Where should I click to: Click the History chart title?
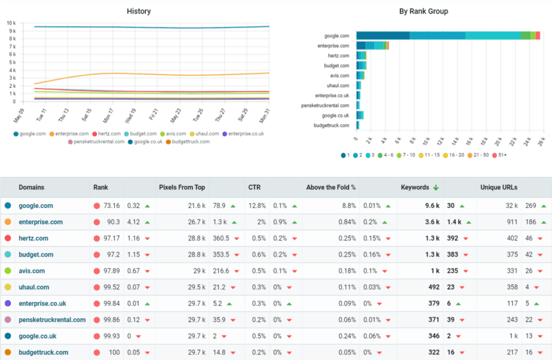[x=139, y=11]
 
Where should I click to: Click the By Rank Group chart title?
[x=424, y=11]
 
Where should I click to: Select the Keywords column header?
[x=415, y=187]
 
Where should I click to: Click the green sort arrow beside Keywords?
[x=436, y=187]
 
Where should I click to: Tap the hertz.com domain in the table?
[x=33, y=238]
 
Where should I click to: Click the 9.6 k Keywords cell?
[x=431, y=206]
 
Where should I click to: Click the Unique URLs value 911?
[x=512, y=222]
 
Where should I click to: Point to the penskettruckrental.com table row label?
[x=52, y=320]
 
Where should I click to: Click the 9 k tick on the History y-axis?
[x=12, y=30]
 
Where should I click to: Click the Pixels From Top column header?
[x=182, y=187]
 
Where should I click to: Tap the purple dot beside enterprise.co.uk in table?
[x=8, y=304]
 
